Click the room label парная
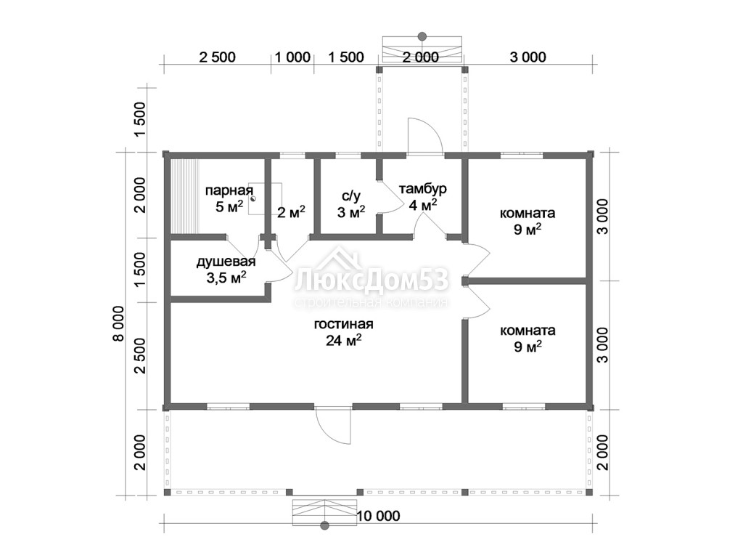tap(229, 191)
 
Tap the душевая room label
tap(226, 262)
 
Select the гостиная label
tap(343, 324)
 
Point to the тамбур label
tap(423, 189)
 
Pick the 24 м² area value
tap(344, 340)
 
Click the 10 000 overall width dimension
tap(379, 515)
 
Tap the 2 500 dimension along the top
tap(217, 57)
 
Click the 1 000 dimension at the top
tap(293, 57)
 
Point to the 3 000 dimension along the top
tap(528, 57)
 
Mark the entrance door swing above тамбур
tap(425, 137)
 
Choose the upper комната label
tap(528, 214)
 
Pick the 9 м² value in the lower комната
tap(528, 347)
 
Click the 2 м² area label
tap(291, 213)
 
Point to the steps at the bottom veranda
tap(324, 512)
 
